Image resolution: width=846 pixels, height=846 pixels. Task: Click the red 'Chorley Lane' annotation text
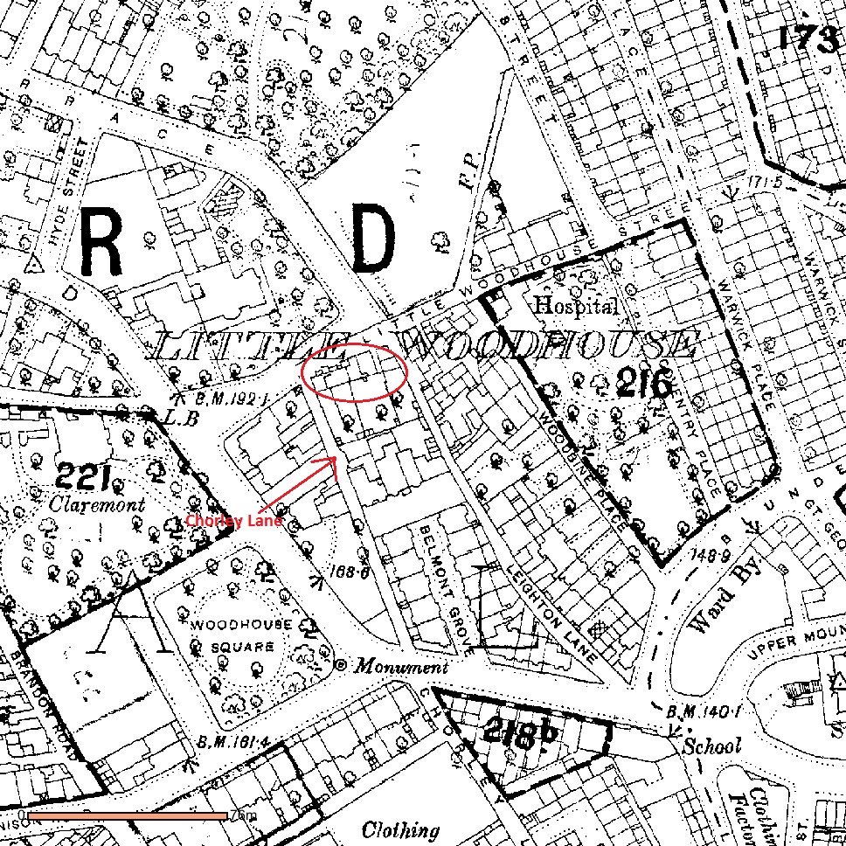pyautogui.click(x=233, y=521)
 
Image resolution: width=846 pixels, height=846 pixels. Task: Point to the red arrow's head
pyautogui.click(x=335, y=459)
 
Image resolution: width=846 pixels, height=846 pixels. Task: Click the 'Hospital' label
pyautogui.click(x=576, y=306)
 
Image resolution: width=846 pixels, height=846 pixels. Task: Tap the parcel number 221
pyautogui.click(x=84, y=477)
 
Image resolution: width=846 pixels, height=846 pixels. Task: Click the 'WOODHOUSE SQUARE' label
pyautogui.click(x=233, y=635)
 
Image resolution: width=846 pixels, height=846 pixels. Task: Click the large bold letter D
pyautogui.click(x=374, y=239)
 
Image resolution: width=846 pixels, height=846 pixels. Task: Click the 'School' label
pyautogui.click(x=712, y=745)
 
